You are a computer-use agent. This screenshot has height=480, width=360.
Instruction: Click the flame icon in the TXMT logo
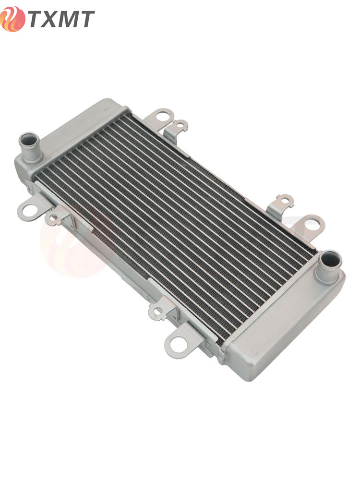[x=12, y=19]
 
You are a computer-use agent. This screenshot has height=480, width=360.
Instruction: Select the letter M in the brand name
[x=70, y=19]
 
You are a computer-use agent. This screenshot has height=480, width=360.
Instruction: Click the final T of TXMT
[x=87, y=19]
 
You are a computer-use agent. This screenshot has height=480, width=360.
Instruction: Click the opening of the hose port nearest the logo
[x=29, y=140]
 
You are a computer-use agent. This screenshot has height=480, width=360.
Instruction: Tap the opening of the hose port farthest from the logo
[x=330, y=259]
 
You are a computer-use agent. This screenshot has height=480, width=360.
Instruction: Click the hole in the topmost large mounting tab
[x=162, y=116]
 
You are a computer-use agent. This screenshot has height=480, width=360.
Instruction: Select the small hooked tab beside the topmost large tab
[x=177, y=129]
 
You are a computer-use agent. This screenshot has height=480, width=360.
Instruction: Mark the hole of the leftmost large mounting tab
[x=29, y=210]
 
